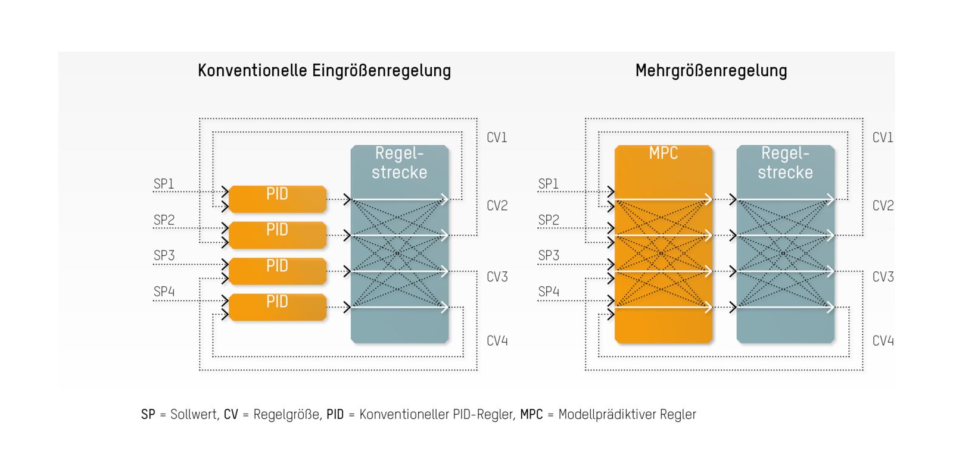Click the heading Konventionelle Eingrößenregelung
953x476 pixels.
tap(324, 71)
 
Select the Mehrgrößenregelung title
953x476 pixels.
tap(711, 71)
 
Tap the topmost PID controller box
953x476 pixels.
tap(278, 199)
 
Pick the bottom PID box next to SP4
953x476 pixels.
tap(278, 307)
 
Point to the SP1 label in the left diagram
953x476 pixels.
tap(164, 184)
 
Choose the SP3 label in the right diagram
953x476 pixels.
tap(549, 255)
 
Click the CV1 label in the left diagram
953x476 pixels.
tap(497, 137)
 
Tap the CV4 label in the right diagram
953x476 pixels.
tap(883, 341)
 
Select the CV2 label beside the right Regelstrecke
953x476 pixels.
tap(883, 206)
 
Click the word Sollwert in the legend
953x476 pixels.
tap(194, 414)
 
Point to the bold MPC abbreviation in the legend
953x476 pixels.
tap(531, 414)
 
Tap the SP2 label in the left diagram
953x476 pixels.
tap(164, 220)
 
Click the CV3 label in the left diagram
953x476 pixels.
tap(497, 277)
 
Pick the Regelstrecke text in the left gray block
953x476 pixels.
tap(399, 163)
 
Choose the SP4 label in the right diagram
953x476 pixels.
tap(549, 292)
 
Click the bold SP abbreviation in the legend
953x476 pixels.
tap(148, 414)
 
